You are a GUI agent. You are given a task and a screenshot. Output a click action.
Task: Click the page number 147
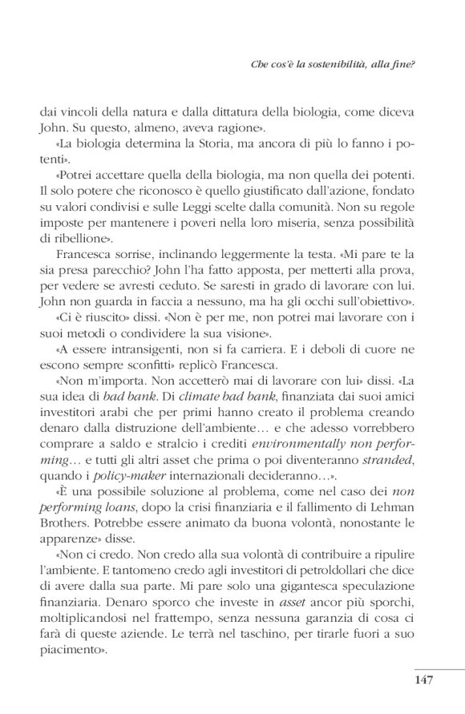(423, 680)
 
